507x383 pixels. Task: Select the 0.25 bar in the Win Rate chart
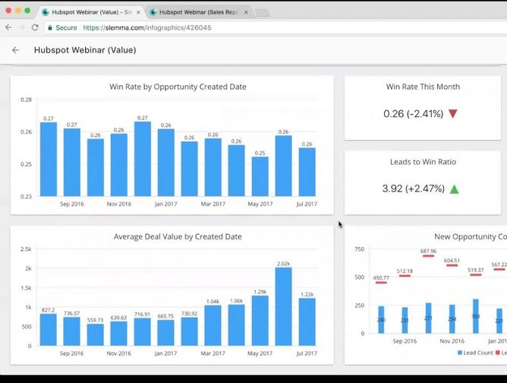pyautogui.click(x=260, y=176)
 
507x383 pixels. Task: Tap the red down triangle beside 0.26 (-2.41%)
pyautogui.click(x=453, y=114)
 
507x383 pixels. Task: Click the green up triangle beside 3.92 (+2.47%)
pyautogui.click(x=454, y=188)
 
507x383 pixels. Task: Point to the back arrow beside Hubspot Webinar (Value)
pyautogui.click(x=15, y=50)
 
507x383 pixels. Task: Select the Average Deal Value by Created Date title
pyautogui.click(x=178, y=236)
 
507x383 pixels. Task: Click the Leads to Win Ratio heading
pyautogui.click(x=422, y=161)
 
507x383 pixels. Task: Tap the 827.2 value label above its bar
pyautogui.click(x=48, y=310)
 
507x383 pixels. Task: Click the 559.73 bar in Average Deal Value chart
pyautogui.click(x=95, y=335)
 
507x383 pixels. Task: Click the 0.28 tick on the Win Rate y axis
pyautogui.click(x=27, y=100)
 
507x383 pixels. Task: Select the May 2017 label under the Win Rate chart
pyautogui.click(x=260, y=204)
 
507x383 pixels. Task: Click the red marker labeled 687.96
pyautogui.click(x=428, y=256)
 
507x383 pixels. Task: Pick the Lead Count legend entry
pyautogui.click(x=476, y=353)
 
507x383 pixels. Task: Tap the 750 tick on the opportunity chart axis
pyautogui.click(x=360, y=249)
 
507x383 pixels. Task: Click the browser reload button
pyautogui.click(x=35, y=27)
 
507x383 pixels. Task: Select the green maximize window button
pyautogui.click(x=27, y=11)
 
